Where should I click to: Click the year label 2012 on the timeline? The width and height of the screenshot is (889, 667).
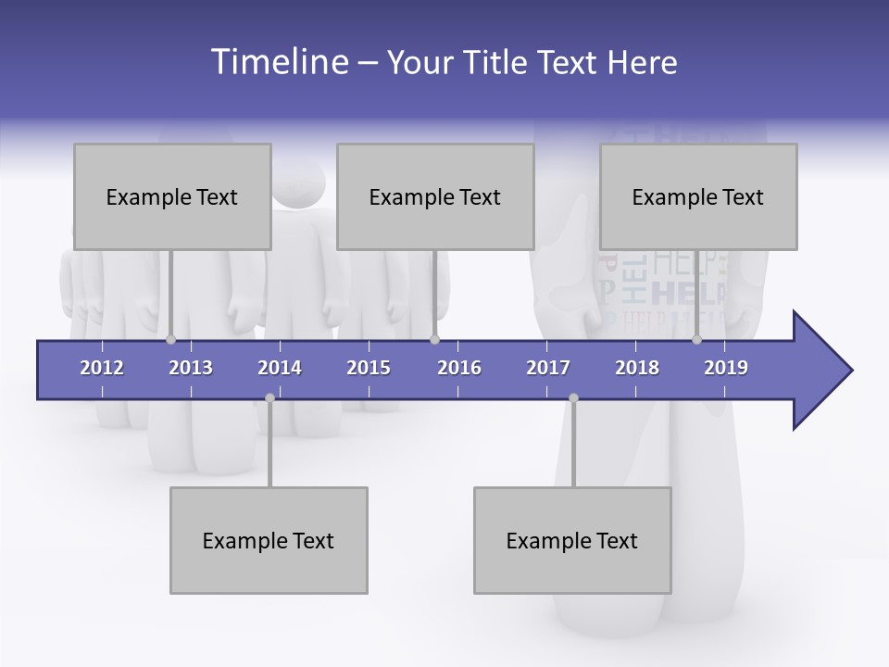pos(102,368)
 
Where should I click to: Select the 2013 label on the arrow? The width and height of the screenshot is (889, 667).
pos(191,368)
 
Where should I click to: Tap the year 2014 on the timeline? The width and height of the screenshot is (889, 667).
pos(280,368)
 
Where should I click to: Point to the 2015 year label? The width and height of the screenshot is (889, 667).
pos(369,368)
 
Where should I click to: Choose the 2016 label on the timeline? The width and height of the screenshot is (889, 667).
pos(459,368)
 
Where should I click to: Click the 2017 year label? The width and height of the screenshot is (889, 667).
pos(548,368)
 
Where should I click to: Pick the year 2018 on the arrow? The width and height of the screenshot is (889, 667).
pos(637,368)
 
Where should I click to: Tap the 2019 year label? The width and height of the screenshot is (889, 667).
pos(726,368)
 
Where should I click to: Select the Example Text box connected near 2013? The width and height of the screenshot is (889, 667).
pos(172,196)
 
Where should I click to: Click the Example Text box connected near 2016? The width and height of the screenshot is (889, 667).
pos(435,196)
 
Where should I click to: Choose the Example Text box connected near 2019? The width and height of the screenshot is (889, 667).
pos(698,196)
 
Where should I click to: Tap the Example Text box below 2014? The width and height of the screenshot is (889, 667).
pos(269,540)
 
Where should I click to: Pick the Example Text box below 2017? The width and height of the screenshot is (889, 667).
pos(572,540)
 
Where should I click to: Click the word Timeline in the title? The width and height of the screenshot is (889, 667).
pos(278,62)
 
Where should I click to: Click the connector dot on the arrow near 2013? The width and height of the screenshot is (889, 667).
pos(170,340)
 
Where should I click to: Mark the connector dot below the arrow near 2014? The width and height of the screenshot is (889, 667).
pos(269,397)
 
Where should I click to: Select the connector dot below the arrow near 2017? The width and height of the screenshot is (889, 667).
pos(573,397)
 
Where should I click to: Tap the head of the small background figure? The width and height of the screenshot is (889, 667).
pos(298,184)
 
